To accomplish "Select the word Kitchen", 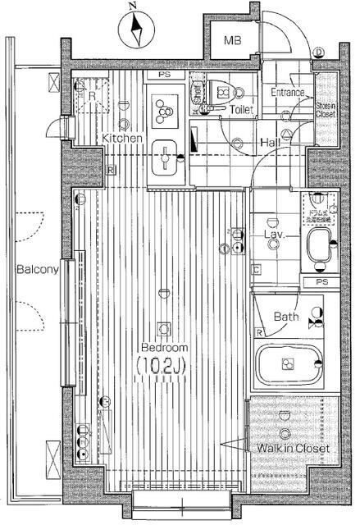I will [123, 139].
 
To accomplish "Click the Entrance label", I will [289, 93].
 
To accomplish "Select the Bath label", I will [286, 317].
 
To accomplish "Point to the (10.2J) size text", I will [164, 363].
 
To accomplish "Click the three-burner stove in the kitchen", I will [165, 109].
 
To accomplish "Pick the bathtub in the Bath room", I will [287, 365].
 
